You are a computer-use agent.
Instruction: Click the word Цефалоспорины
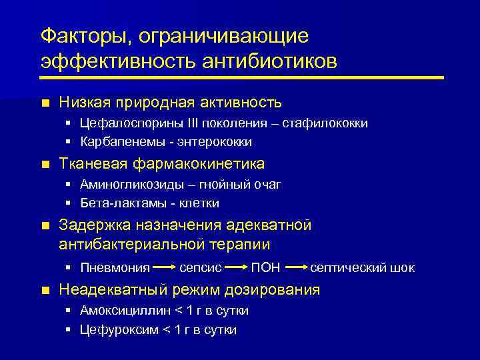click(x=124, y=123)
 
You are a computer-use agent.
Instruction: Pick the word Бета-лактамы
click(x=113, y=203)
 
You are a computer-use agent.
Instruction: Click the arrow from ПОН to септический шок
click(x=297, y=268)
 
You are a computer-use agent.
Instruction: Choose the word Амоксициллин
click(x=124, y=311)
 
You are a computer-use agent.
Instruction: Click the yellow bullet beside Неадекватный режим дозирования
click(x=45, y=291)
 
